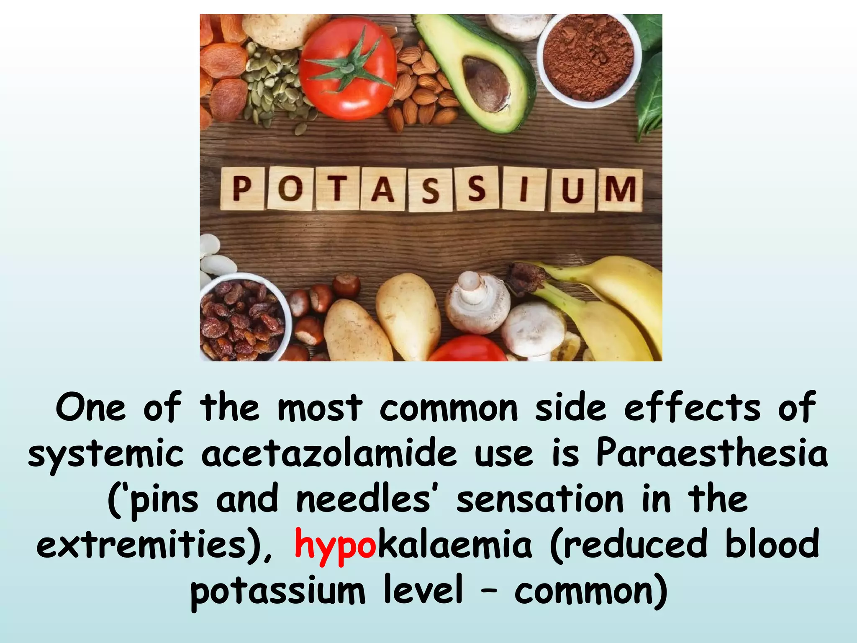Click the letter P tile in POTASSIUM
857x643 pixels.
coord(242,188)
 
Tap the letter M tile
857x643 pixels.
coord(620,190)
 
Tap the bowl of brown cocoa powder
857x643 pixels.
coord(588,58)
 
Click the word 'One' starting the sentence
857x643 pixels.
coord(90,408)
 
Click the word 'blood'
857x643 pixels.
coord(772,543)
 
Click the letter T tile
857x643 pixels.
coord(336,188)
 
